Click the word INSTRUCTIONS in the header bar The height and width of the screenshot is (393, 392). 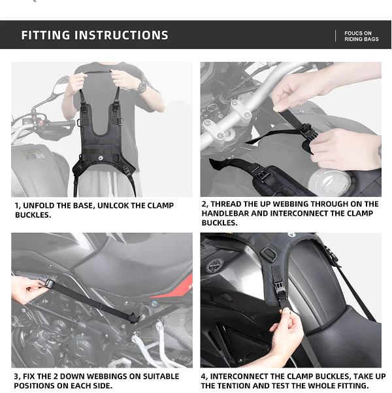pyautogui.click(x=122, y=35)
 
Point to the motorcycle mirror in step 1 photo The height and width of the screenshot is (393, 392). pyautogui.click(x=61, y=86)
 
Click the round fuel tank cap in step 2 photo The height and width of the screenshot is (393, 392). pyautogui.click(x=333, y=180)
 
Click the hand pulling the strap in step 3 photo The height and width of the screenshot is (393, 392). pyautogui.click(x=26, y=288)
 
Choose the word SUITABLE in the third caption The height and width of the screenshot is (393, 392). pyautogui.click(x=156, y=377)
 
